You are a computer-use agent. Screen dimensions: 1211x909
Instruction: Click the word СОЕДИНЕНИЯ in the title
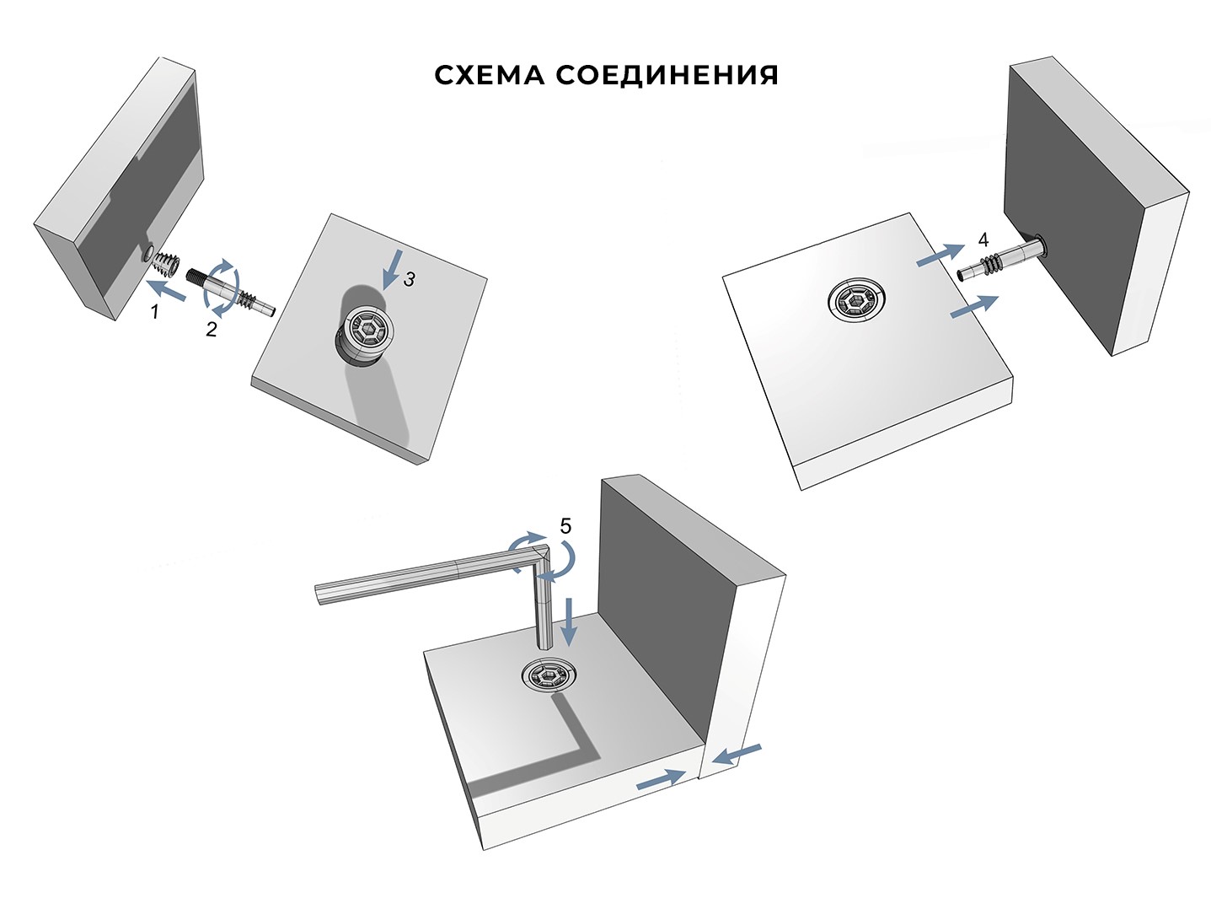point(667,76)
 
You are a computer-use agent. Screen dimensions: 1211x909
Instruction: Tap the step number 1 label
point(155,312)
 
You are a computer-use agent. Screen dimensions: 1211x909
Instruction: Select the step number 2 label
point(212,330)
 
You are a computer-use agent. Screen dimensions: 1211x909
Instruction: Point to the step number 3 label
point(409,280)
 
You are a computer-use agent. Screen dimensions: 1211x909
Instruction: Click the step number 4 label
point(983,239)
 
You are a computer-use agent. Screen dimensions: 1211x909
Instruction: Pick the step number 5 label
point(565,526)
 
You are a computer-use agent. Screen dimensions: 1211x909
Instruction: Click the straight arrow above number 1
point(166,290)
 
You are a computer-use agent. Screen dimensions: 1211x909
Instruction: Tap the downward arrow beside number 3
point(392,269)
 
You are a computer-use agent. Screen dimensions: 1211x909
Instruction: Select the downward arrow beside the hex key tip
point(569,621)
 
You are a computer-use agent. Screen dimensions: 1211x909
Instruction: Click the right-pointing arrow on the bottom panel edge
point(661,779)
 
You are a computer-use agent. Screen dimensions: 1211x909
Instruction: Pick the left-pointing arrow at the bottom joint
point(737,755)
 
